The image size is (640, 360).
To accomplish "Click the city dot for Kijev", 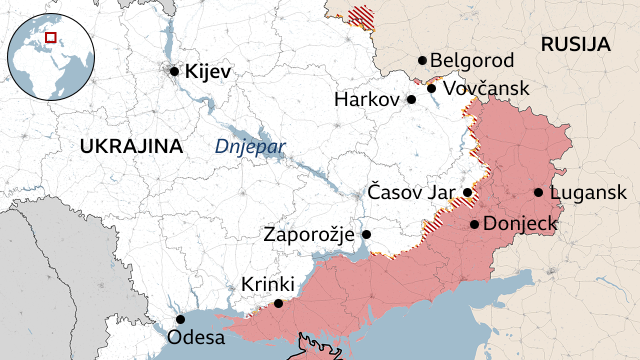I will (174, 71).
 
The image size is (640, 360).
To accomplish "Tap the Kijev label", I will (208, 72).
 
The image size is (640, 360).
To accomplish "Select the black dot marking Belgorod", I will (422, 60).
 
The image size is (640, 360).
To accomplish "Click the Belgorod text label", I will (472, 61).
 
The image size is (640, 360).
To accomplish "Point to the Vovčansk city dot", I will (431, 88).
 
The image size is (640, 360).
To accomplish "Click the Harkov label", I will (367, 99).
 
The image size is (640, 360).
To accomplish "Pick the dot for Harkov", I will (411, 99).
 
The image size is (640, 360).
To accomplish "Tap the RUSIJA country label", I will (575, 44).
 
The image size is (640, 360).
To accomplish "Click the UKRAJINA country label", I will (131, 146).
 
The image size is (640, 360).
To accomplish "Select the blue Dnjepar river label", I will (250, 147).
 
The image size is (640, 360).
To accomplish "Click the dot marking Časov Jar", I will (467, 192).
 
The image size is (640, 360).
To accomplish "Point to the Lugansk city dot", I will (538, 192).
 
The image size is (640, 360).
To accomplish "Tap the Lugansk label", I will (588, 192).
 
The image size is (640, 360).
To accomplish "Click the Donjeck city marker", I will (474, 224).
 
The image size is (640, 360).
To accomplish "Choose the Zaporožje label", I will (309, 234).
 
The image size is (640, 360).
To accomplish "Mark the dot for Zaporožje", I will (366, 234).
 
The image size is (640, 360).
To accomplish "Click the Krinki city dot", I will (278, 303).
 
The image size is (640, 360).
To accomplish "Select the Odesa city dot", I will (180, 319).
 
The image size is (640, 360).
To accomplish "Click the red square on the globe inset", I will (50, 37).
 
